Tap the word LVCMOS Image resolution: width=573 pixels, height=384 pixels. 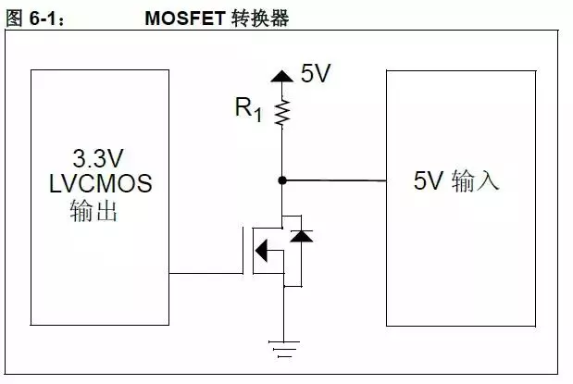100,182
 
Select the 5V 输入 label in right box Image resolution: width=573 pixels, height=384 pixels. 456,181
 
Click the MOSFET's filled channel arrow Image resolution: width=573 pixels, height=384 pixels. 262,249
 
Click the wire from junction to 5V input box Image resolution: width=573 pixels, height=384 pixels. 333,180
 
